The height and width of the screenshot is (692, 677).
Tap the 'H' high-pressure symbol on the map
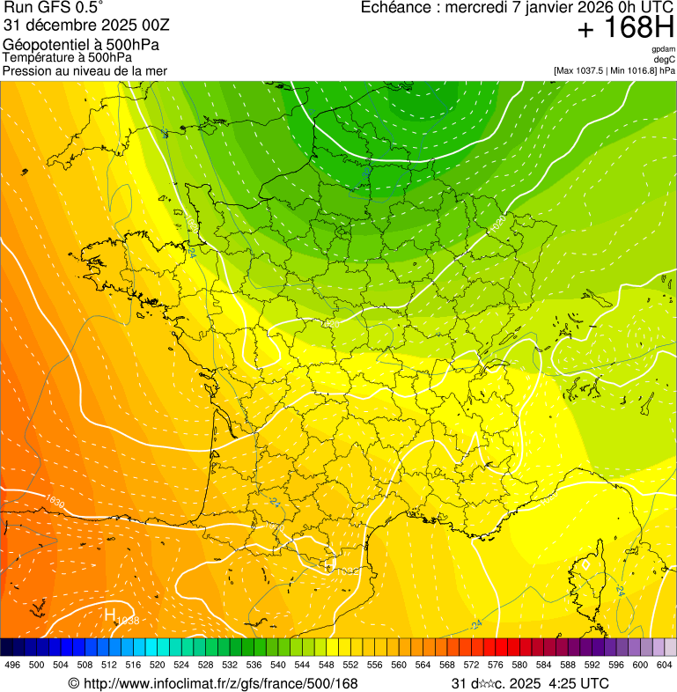(111, 615)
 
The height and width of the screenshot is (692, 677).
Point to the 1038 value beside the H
(128, 622)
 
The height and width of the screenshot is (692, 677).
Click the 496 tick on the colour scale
(12, 666)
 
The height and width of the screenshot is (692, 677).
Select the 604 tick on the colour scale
(664, 666)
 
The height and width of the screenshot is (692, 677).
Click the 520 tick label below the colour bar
(157, 666)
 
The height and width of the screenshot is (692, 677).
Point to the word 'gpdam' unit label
(664, 49)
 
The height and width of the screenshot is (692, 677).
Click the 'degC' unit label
(666, 59)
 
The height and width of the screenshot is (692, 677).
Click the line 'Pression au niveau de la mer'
(85, 70)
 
